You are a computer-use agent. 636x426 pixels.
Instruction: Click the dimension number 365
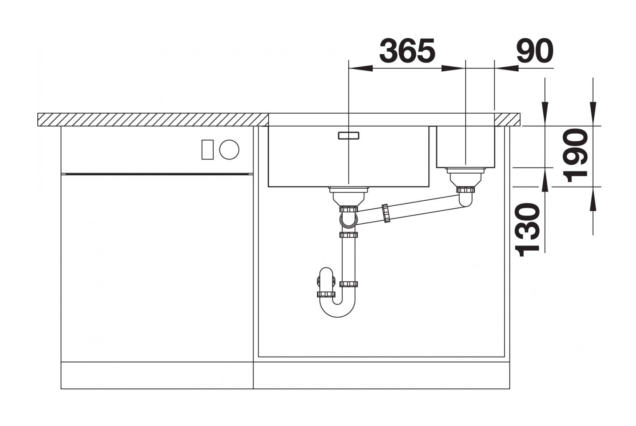point(407,50)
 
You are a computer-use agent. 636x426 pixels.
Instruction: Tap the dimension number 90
point(535,50)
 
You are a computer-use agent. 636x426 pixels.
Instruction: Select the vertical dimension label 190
point(576,155)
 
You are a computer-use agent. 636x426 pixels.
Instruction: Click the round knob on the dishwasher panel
point(229,149)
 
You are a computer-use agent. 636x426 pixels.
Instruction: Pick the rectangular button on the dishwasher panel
point(207,150)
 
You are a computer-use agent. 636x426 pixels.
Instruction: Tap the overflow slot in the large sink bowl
point(349,135)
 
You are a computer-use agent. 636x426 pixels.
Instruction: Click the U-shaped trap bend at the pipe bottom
point(337,310)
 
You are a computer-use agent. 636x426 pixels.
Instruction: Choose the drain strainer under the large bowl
point(348,196)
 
